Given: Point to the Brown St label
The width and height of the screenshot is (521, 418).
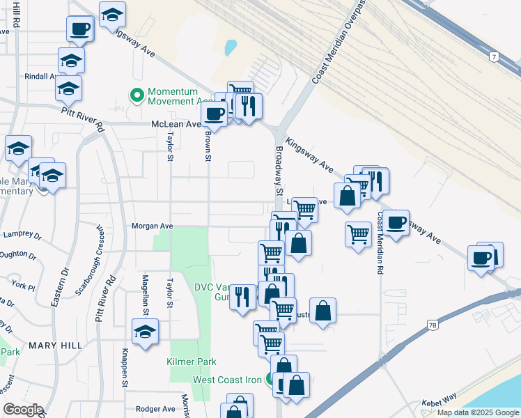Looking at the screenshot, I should [x=208, y=146].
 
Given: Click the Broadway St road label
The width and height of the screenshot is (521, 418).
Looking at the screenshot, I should [x=278, y=171].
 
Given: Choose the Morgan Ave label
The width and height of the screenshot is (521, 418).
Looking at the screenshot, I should [x=153, y=226].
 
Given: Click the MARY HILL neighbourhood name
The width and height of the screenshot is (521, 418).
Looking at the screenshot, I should [x=55, y=346].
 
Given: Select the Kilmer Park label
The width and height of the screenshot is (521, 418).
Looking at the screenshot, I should [x=192, y=362].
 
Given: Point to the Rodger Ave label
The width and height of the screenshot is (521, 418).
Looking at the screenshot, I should [x=154, y=409].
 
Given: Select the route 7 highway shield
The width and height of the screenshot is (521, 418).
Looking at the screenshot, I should [x=493, y=56].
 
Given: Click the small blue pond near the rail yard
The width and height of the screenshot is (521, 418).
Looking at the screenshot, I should [x=230, y=47].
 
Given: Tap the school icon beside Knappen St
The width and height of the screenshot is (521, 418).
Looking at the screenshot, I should [x=145, y=332].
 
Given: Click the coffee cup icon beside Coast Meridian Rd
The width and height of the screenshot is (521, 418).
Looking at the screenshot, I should [x=396, y=223].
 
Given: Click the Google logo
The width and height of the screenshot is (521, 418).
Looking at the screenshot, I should [x=23, y=410].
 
